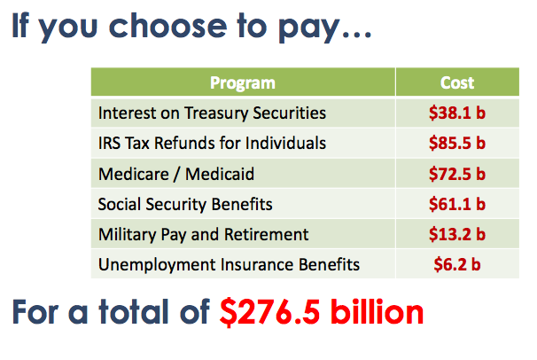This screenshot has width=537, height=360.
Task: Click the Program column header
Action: click(243, 82)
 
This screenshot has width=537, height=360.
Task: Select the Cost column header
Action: click(457, 82)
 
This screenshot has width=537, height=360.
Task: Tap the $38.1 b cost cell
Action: click(457, 113)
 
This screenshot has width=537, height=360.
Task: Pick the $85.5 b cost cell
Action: click(457, 143)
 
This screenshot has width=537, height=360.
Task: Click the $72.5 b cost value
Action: click(457, 174)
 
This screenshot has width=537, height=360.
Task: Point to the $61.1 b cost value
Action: click(457, 204)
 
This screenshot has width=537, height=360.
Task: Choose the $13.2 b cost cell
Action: click(457, 234)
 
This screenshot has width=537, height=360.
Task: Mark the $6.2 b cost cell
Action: click(457, 264)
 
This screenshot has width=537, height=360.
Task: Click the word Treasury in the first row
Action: click(216, 113)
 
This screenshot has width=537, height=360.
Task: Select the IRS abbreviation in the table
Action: click(109, 143)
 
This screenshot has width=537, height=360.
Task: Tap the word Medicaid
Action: click(220, 174)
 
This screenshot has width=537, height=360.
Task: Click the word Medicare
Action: click(134, 174)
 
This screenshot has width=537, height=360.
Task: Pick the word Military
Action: click(127, 235)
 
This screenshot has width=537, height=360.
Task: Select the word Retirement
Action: click(266, 234)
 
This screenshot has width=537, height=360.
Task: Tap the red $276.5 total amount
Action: click(270, 312)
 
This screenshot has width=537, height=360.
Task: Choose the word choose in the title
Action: click(167, 26)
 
